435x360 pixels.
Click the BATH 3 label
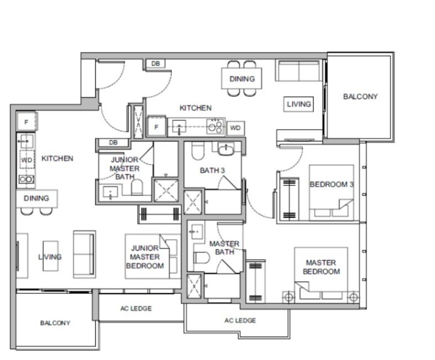pos(212,170)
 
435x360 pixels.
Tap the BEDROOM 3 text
pos(332,184)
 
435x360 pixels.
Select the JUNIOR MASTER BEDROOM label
pos(145,257)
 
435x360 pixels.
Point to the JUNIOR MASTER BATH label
pos(124,168)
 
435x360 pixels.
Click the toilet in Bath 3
pos(198,151)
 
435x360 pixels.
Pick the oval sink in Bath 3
pos(227,149)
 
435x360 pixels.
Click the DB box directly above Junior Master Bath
pos(113,143)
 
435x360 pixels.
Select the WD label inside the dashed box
pos(27,160)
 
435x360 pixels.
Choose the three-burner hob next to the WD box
pos(215,127)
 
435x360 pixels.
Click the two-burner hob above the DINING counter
pos(27,179)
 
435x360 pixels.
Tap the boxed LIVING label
pos(298,104)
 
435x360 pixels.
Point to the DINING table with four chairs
pos(242,79)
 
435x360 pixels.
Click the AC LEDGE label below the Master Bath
pos(240,321)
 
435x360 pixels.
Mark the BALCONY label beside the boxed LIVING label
pos(360,97)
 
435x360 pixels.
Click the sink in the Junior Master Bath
pos(111,192)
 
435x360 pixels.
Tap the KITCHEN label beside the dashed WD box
pos(57,159)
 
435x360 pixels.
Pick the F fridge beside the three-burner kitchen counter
pos(156,127)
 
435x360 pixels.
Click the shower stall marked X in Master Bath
pos(194,286)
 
